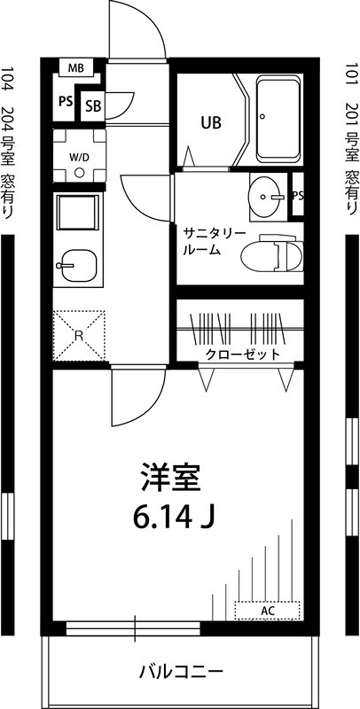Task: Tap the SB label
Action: pos(93,106)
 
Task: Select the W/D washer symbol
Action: pos(80,157)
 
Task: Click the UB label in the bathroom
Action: pos(210,122)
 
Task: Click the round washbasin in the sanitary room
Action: pos(265,195)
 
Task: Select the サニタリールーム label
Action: pos(214,241)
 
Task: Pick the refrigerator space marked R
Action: pos(79,335)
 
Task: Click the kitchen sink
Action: pos(78,263)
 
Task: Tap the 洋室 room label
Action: pos(173,479)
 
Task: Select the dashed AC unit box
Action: pos(267,611)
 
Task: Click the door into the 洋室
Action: pos(137,399)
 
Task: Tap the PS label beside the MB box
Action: pos(65,101)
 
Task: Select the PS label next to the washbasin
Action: pos(298,196)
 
